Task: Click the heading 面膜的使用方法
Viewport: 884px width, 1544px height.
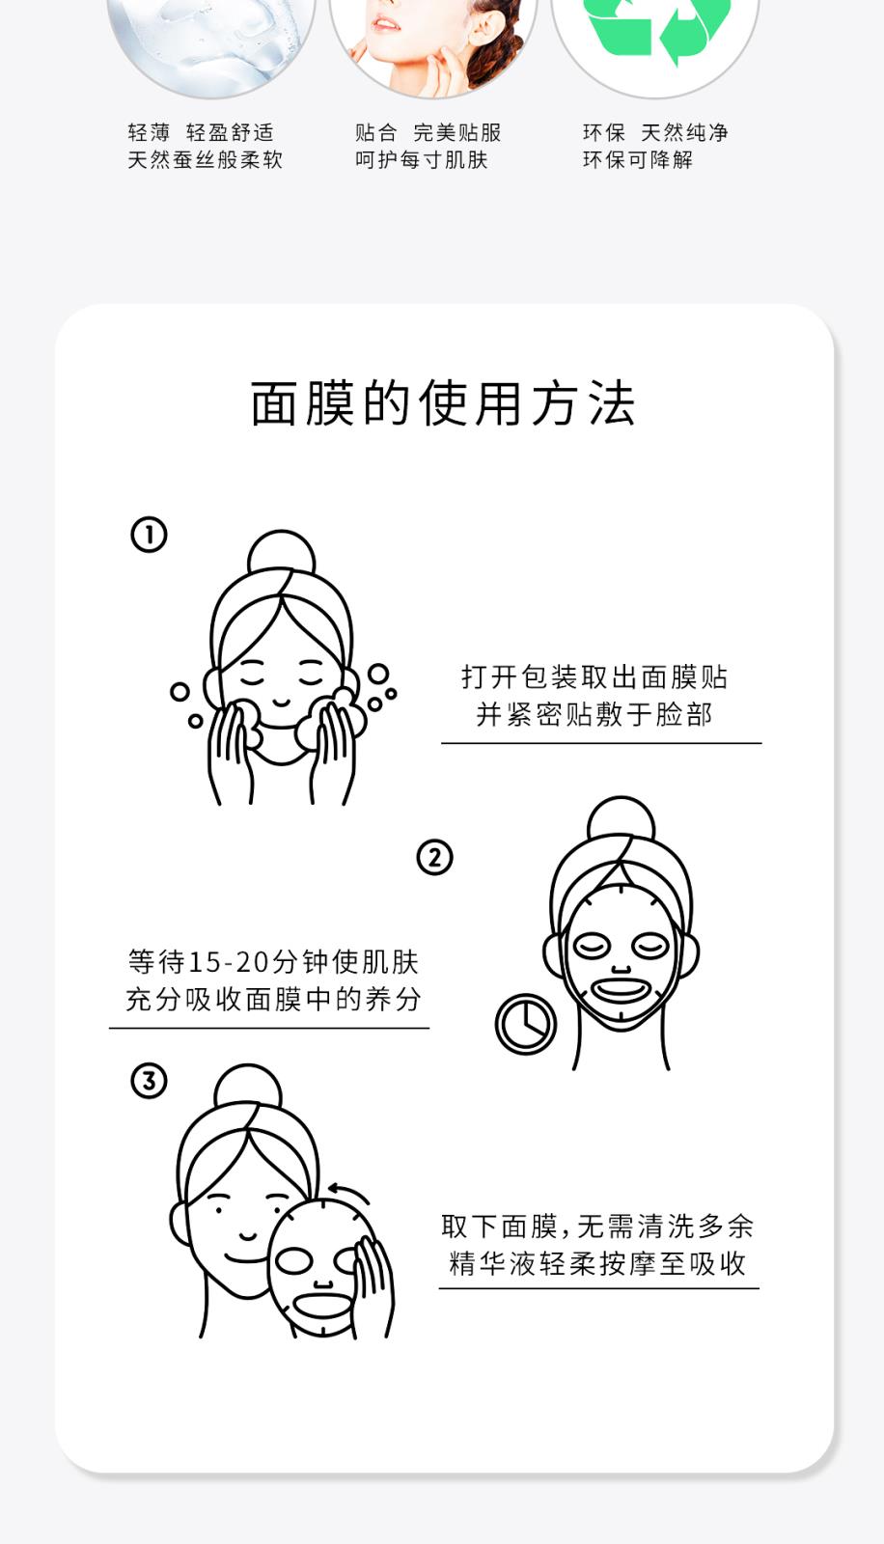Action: [442, 403]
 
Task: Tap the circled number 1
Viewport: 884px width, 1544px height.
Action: [149, 535]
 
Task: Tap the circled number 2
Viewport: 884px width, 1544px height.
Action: [434, 857]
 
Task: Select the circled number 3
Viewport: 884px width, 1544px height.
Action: [149, 1081]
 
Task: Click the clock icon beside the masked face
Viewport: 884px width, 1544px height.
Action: [526, 1024]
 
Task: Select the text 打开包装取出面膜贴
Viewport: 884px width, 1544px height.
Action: [594, 677]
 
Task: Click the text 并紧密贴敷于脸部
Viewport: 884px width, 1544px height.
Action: [594, 715]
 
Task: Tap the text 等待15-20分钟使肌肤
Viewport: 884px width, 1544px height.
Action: [273, 962]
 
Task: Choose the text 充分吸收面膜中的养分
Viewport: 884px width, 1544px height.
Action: [273, 1000]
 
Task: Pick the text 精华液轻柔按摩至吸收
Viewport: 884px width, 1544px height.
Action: [598, 1264]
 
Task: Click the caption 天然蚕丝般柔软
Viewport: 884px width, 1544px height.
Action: [205, 160]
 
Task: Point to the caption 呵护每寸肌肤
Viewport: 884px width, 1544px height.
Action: [422, 160]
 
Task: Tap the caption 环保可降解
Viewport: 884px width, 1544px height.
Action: [638, 160]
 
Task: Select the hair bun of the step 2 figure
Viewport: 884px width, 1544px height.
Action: [621, 823]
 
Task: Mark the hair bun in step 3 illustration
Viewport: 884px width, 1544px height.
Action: [248, 1090]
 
